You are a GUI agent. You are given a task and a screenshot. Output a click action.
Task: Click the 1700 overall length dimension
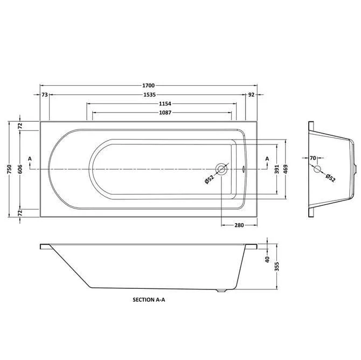click(149, 85)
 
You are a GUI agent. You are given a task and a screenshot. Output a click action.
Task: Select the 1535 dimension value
click(149, 95)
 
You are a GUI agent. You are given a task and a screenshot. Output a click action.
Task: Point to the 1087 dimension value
click(162, 113)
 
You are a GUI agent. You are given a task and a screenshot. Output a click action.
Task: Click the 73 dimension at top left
click(45, 95)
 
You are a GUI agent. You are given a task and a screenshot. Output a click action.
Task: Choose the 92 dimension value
click(251, 95)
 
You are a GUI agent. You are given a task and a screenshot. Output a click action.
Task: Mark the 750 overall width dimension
click(9, 169)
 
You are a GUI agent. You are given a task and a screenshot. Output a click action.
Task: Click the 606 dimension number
click(19, 168)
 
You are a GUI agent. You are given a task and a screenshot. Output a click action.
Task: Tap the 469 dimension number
click(286, 168)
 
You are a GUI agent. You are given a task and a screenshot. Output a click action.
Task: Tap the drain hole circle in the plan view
click(221, 169)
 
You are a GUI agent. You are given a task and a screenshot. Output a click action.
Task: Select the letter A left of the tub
click(30, 158)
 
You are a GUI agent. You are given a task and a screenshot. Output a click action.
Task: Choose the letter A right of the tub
click(267, 158)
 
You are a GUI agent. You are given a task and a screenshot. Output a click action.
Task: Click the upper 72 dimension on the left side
click(19, 126)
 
